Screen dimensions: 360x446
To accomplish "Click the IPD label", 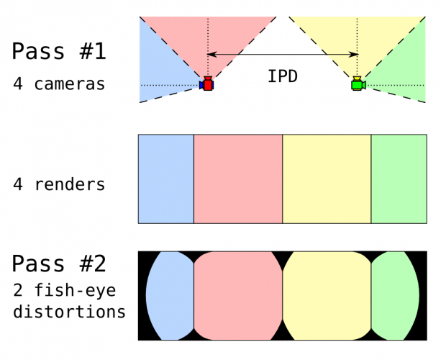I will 283,77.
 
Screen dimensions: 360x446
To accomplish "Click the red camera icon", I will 208,84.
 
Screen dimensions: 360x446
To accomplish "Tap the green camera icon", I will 356,85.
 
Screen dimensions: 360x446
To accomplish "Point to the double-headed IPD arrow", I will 282,54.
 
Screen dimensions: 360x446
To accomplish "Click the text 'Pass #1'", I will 59,52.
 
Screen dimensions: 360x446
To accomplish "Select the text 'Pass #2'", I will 59,264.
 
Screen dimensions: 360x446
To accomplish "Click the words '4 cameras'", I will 59,84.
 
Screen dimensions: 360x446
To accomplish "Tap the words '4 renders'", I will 59,184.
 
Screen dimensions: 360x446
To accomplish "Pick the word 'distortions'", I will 69,312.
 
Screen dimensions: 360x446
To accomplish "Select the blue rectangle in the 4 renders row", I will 166,179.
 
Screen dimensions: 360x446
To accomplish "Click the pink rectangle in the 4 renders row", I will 238,179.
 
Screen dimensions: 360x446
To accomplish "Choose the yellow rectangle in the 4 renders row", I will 327,179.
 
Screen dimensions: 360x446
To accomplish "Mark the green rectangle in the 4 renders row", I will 399,179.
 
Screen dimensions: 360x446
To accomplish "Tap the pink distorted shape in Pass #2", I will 238,295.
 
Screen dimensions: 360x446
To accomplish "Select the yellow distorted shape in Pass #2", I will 327,295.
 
